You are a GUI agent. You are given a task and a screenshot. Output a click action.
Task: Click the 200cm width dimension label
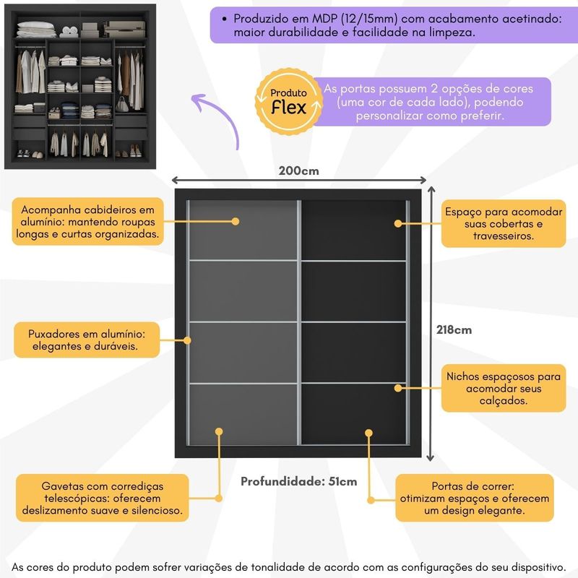(298, 171)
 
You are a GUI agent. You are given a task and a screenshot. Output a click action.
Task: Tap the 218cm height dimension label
(454, 329)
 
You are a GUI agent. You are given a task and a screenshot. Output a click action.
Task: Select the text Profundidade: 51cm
(298, 482)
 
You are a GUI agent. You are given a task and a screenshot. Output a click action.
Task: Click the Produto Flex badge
(288, 102)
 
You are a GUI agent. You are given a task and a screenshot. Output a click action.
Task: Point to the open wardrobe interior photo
(81, 85)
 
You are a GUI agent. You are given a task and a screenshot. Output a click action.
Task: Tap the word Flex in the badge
(288, 108)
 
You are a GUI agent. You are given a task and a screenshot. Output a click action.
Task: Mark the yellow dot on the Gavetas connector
(219, 431)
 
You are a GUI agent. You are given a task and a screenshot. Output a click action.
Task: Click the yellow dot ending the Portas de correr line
(368, 433)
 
